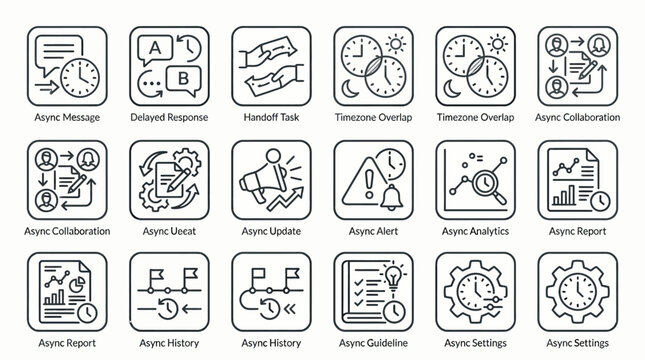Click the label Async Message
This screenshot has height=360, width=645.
(x=66, y=117)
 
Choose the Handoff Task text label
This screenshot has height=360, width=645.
(x=270, y=117)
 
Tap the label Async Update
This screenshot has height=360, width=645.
(x=270, y=231)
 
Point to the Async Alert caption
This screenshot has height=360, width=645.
(x=372, y=231)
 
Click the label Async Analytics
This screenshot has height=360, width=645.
(x=474, y=231)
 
